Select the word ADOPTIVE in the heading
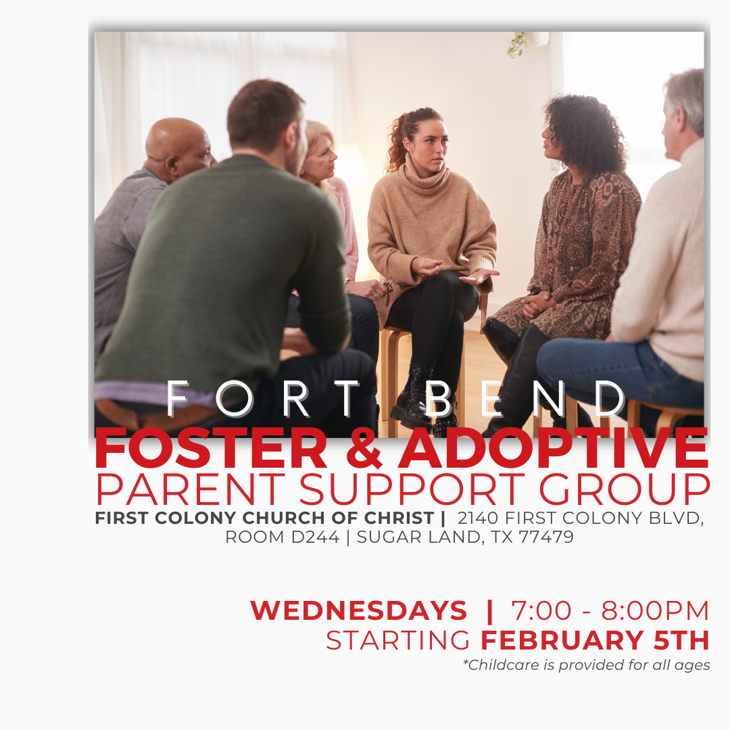553,449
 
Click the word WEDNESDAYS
358,611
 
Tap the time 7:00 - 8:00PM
610,611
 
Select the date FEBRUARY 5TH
595,640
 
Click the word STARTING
398,640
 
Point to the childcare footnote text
586,665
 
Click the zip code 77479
546,538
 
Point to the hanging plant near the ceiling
518,44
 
